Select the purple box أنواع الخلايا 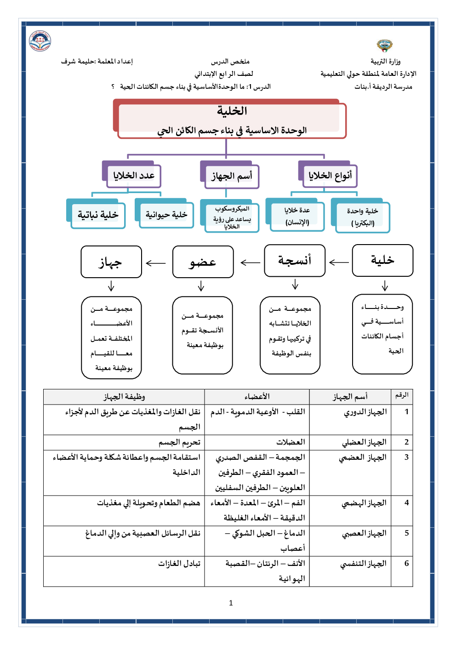point(330,176)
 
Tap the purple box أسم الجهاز point(231,176)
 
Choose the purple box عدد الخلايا point(133,176)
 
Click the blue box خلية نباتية point(98,215)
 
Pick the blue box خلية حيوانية point(166,214)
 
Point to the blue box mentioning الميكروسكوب point(232,217)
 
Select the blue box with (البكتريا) point(363,217)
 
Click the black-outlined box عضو point(203,262)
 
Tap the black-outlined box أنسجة point(295,261)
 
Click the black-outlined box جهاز point(111,262)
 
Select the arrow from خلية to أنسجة point(339,262)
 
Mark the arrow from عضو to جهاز point(156,263)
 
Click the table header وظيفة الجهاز point(124,397)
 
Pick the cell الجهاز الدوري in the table point(365,412)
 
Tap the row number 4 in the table point(406,503)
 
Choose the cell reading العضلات point(291,442)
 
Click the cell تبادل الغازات point(179,564)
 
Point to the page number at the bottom point(231,603)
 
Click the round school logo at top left point(40,41)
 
